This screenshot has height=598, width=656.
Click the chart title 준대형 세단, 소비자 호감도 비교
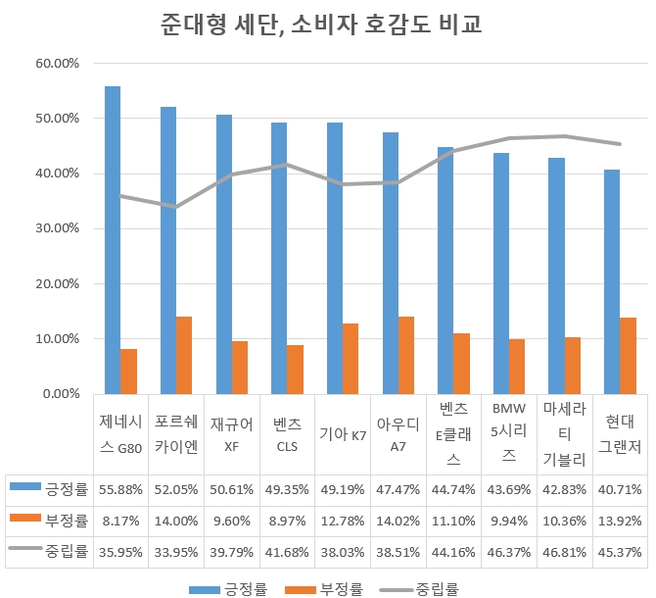(327, 25)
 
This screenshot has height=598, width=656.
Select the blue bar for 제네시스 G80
(113, 240)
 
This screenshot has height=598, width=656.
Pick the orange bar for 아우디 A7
(406, 355)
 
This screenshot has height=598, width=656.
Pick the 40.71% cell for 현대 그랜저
(620, 487)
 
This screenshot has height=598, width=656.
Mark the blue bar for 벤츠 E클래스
(445, 271)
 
